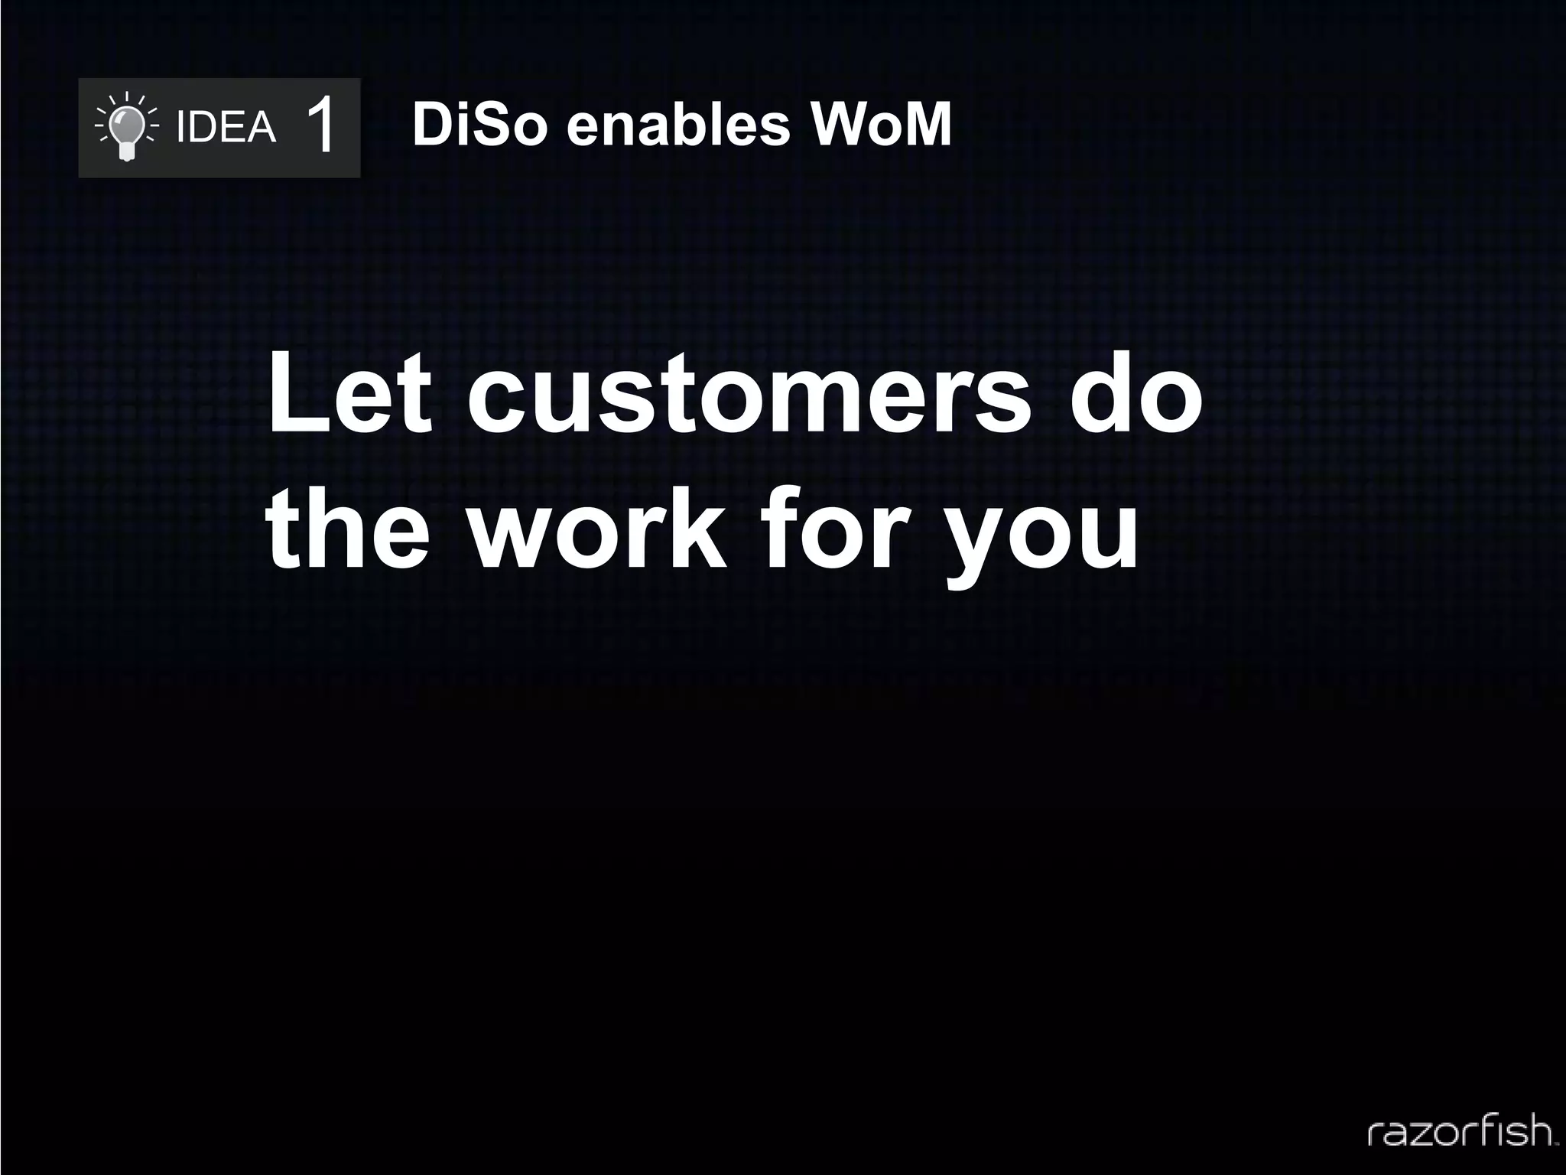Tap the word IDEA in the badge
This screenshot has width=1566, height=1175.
coord(226,127)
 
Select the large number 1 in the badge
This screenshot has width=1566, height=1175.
coord(321,127)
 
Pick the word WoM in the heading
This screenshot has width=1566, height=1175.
coord(882,125)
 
